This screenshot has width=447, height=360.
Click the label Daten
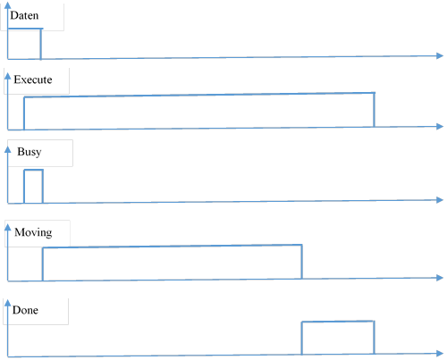pyautogui.click(x=24, y=15)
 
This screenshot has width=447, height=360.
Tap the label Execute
pyautogui.click(x=33, y=80)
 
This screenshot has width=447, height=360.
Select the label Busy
pyautogui.click(x=30, y=152)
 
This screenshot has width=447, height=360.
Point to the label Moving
pyautogui.click(x=33, y=232)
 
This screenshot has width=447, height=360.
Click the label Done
pyautogui.click(x=25, y=310)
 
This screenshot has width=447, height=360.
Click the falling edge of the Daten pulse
pyautogui.click(x=41, y=44)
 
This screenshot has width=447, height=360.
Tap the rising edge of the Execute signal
pyautogui.click(x=24, y=113)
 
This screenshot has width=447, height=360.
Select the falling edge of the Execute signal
pyautogui.click(x=374, y=110)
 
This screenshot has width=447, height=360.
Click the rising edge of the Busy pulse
pyautogui.click(x=24, y=187)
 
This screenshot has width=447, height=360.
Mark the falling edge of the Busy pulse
pyautogui.click(x=43, y=187)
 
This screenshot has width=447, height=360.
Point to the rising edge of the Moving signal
pyautogui.click(x=43, y=264)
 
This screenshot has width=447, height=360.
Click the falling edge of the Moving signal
pyautogui.click(x=301, y=262)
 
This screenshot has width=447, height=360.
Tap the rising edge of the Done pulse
pyautogui.click(x=301, y=339)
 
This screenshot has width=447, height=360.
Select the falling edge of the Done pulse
pyautogui.click(x=374, y=338)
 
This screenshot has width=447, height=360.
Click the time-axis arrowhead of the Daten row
pyautogui.click(x=440, y=55)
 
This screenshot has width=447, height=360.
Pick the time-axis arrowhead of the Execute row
pyautogui.click(x=440, y=126)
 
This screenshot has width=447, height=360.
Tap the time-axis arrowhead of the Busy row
pyautogui.click(x=440, y=200)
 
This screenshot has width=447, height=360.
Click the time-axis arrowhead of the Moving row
pyautogui.click(x=440, y=278)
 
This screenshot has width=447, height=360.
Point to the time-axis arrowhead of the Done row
pyautogui.click(x=440, y=354)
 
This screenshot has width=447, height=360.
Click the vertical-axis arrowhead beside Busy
pyautogui.click(x=8, y=149)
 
